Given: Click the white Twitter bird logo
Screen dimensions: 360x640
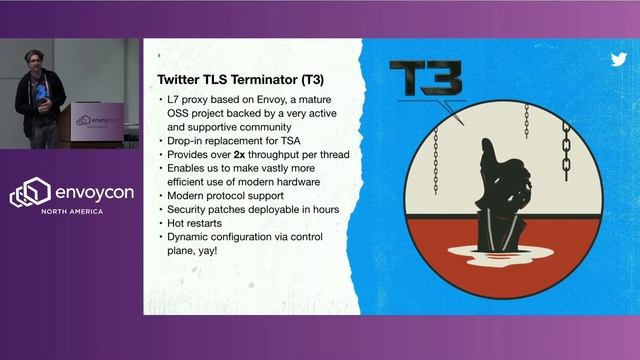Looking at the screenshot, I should point(619,59).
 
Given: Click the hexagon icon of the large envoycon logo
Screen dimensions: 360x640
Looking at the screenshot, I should point(29,192).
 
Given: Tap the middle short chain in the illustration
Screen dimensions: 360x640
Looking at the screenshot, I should point(526,120).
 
